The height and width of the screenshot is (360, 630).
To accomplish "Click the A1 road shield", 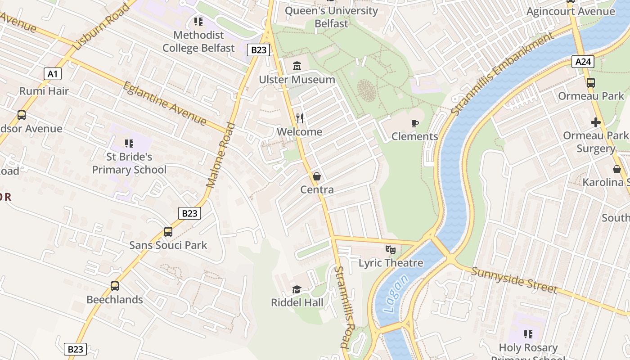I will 53,74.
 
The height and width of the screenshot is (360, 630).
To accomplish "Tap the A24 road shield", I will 583,61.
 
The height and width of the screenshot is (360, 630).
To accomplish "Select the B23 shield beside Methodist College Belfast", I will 258,50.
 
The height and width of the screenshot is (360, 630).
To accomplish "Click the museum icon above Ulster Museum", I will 297,66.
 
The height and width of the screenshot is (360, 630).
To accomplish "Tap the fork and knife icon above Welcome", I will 300,118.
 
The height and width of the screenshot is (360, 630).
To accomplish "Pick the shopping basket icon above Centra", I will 317,176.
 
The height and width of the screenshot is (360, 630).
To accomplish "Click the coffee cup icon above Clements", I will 414,123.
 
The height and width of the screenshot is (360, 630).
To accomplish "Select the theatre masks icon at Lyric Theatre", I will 391,249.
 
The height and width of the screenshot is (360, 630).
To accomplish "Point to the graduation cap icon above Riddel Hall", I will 297,289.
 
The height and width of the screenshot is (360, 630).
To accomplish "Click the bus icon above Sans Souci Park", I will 168,232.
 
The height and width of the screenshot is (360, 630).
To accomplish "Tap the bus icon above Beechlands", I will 115,286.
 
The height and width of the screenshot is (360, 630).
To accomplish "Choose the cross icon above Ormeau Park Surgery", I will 596,122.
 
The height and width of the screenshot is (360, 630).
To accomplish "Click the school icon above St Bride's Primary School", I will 129,144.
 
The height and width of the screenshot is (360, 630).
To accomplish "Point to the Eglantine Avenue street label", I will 165,103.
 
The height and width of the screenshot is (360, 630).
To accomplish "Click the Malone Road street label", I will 221,155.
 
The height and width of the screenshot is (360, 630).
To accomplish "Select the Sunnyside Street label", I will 514,279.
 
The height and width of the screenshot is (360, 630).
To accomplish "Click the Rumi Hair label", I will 44,91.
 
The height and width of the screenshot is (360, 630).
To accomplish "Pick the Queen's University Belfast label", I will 332,17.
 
